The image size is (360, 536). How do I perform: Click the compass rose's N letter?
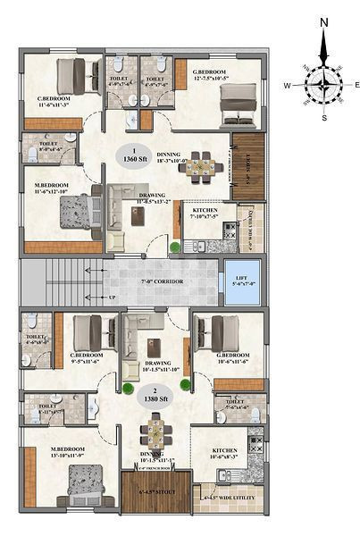pyautogui.click(x=323, y=23)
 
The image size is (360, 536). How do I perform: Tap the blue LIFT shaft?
pyautogui.click(x=242, y=281)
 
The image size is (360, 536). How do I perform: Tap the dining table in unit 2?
pyautogui.click(x=156, y=434)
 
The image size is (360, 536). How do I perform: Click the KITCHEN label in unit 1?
pyautogui.click(x=205, y=211)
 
